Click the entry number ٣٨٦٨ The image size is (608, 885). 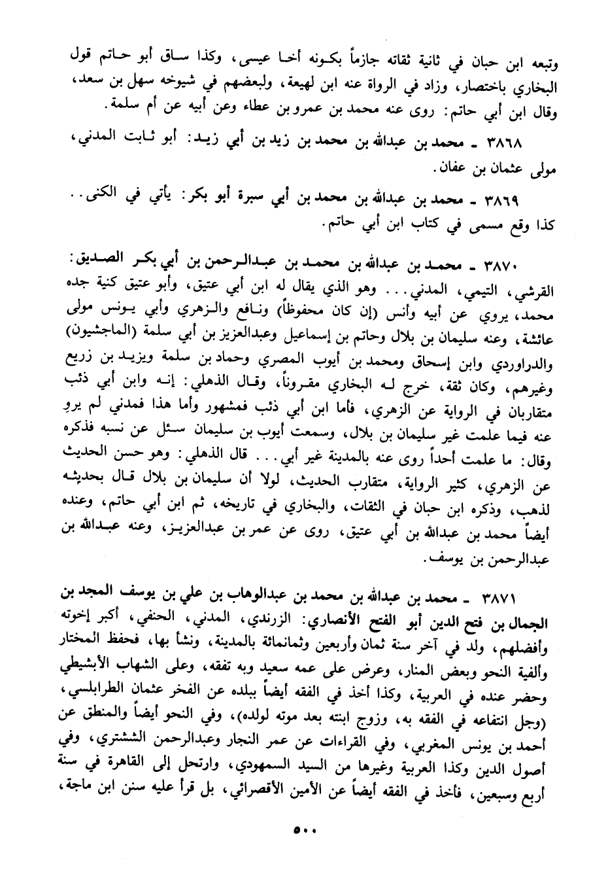click(504, 142)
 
